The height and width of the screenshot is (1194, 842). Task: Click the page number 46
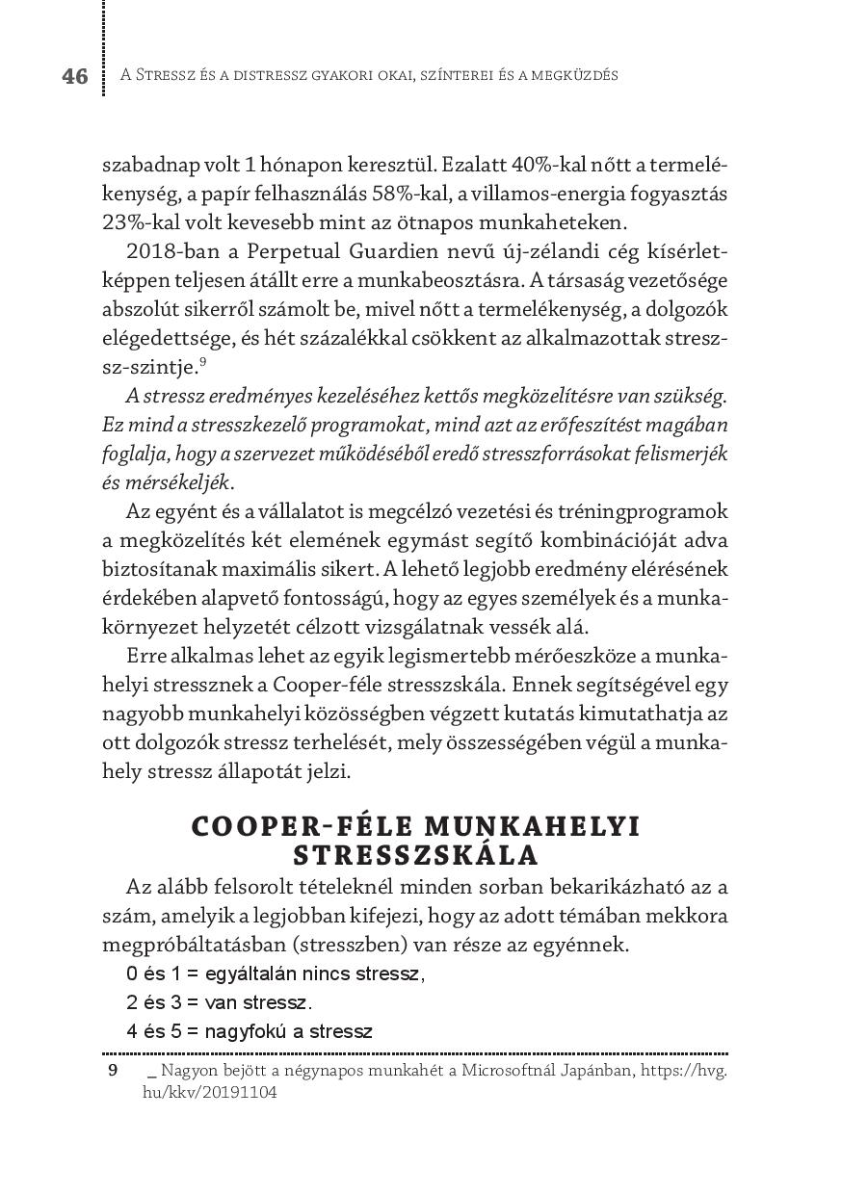75,76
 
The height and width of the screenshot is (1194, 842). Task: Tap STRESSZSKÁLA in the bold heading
416,856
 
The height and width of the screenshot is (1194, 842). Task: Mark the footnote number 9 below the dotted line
113,1071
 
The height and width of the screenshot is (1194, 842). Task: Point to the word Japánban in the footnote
598,1071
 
